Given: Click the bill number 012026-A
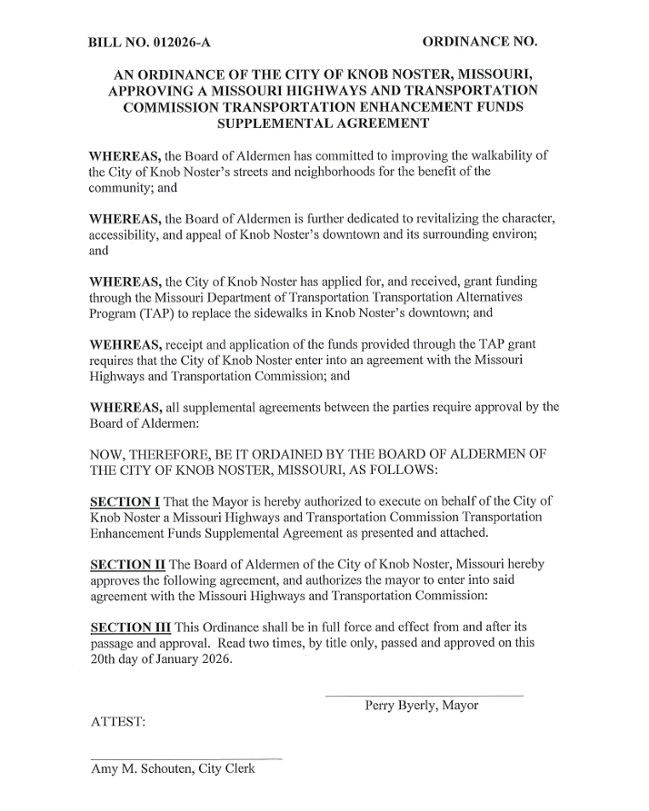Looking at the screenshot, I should (x=184, y=43).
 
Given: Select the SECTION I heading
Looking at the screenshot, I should (x=123, y=501).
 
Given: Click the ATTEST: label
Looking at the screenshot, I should (x=118, y=723).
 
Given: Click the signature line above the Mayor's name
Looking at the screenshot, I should (x=424, y=696).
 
